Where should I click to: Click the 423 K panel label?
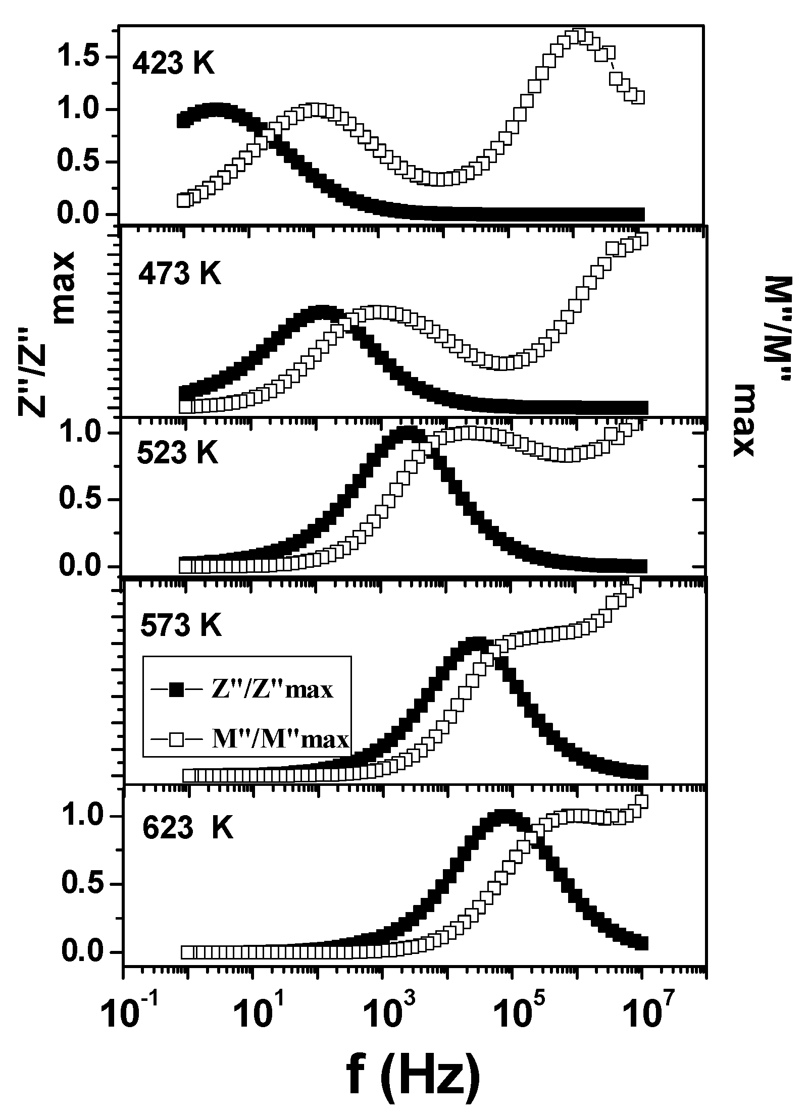pyautogui.click(x=174, y=65)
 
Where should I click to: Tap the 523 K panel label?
pyautogui.click(x=178, y=454)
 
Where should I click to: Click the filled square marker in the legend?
pyautogui.click(x=176, y=689)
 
